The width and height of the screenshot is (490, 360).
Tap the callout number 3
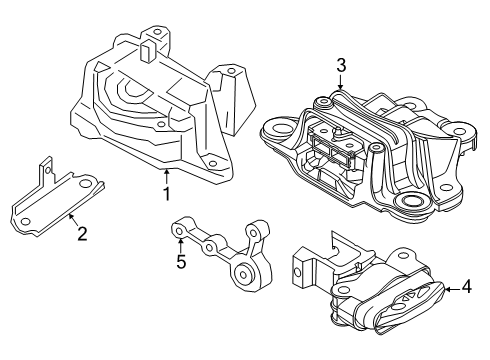pos(341,65)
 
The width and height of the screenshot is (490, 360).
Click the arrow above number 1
pos(166,177)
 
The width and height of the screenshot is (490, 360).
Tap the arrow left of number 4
pos(447,290)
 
